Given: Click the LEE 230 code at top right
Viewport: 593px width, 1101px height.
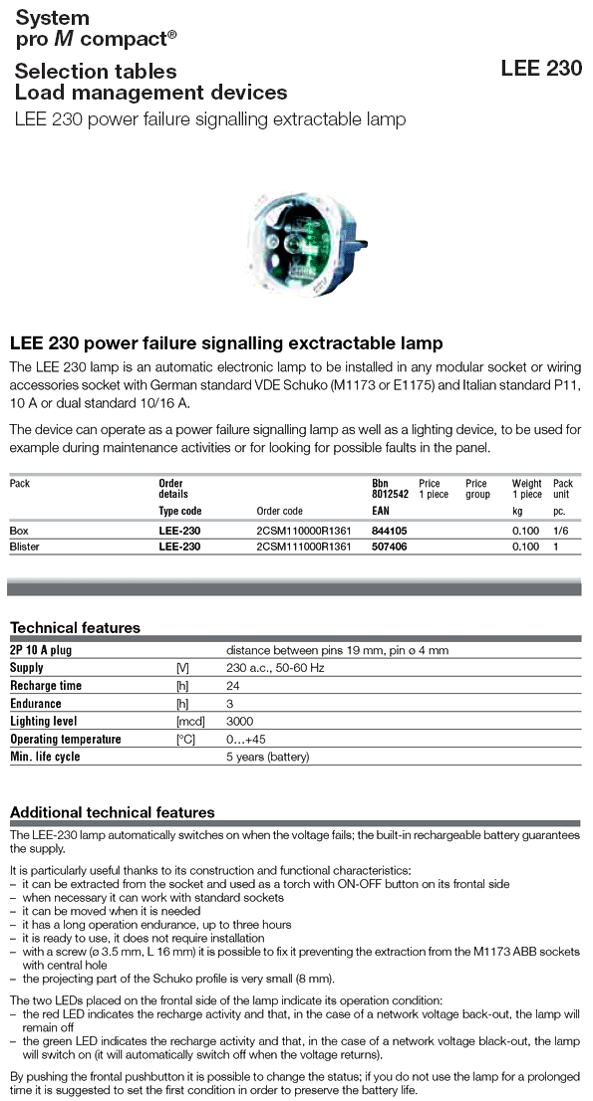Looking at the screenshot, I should point(541,70).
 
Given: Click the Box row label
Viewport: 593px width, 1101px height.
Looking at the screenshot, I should point(19,532).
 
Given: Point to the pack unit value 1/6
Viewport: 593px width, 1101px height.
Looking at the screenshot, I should point(562,532).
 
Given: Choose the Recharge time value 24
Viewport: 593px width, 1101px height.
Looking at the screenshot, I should point(232,686).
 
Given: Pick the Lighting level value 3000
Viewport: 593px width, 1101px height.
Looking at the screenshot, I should point(238,721).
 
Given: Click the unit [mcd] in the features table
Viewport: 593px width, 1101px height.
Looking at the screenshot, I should point(189,721).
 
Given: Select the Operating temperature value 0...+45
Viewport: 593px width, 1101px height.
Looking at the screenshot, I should point(246,739).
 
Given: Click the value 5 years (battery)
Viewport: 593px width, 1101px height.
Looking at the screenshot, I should point(268,757).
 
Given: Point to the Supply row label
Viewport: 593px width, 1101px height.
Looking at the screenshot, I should point(27,668).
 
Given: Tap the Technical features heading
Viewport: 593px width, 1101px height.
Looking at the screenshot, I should point(75,628).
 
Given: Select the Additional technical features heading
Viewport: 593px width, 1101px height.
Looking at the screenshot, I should point(112,812).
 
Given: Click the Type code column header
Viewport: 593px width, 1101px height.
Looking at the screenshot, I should point(180,511).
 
